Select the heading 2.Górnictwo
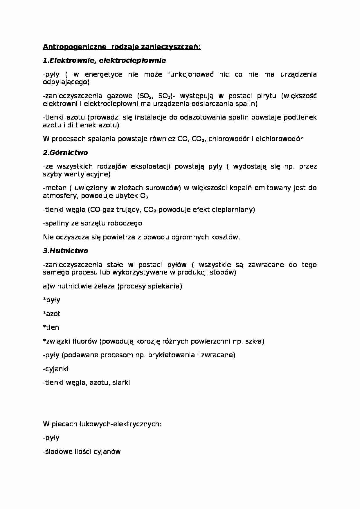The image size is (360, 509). tap(65, 153)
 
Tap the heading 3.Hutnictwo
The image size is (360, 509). tap(65, 251)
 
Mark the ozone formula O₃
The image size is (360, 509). tap(144, 196)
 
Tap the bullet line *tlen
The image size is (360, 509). tap(51, 327)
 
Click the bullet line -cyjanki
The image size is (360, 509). tap(56, 369)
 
